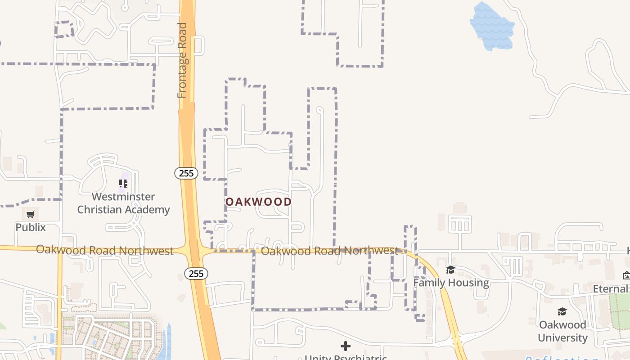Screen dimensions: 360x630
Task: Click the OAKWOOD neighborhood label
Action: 258,202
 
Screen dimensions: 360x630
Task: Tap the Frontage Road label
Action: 182,60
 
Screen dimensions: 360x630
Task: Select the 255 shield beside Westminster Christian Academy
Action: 186,173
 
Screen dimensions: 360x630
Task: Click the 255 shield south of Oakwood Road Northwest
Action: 196,273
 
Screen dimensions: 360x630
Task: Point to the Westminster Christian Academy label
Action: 123,203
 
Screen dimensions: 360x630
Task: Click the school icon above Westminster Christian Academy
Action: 123,184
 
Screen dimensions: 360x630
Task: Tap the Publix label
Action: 31,227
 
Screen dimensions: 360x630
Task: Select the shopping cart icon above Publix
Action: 31,214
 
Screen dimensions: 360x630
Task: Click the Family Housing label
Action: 451,283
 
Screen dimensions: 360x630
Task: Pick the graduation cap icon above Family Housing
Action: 450,270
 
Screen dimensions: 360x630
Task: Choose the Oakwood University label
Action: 562,331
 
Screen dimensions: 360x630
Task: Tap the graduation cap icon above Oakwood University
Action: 562,311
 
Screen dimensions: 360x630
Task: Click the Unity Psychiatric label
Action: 346,358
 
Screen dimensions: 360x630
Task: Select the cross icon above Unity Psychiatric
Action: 346,346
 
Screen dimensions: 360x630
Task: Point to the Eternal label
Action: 610,288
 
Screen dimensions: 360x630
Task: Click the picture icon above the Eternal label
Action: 626,275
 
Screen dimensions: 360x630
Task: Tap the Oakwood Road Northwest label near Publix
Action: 104,250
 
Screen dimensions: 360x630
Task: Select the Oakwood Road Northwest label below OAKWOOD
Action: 329,251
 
